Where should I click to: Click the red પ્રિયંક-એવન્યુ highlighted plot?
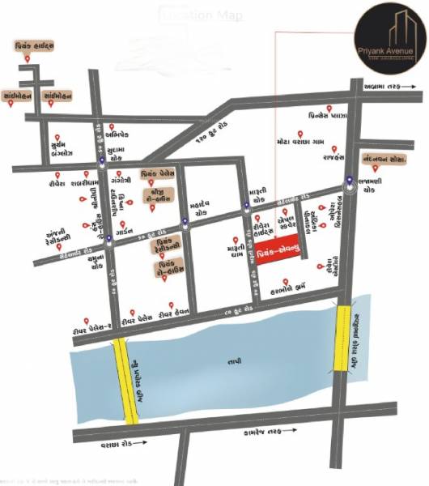(279, 251)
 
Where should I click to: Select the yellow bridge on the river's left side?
(125, 380)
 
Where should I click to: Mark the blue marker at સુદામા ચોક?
(100, 160)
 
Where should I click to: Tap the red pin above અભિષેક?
(109, 128)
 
